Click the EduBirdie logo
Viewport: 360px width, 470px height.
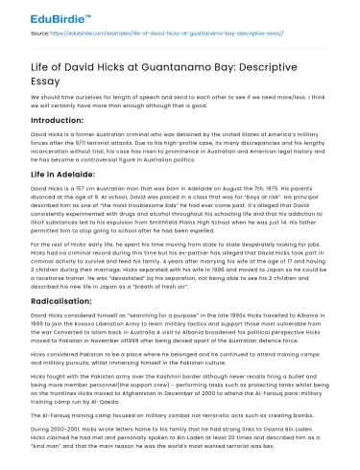(45, 18)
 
